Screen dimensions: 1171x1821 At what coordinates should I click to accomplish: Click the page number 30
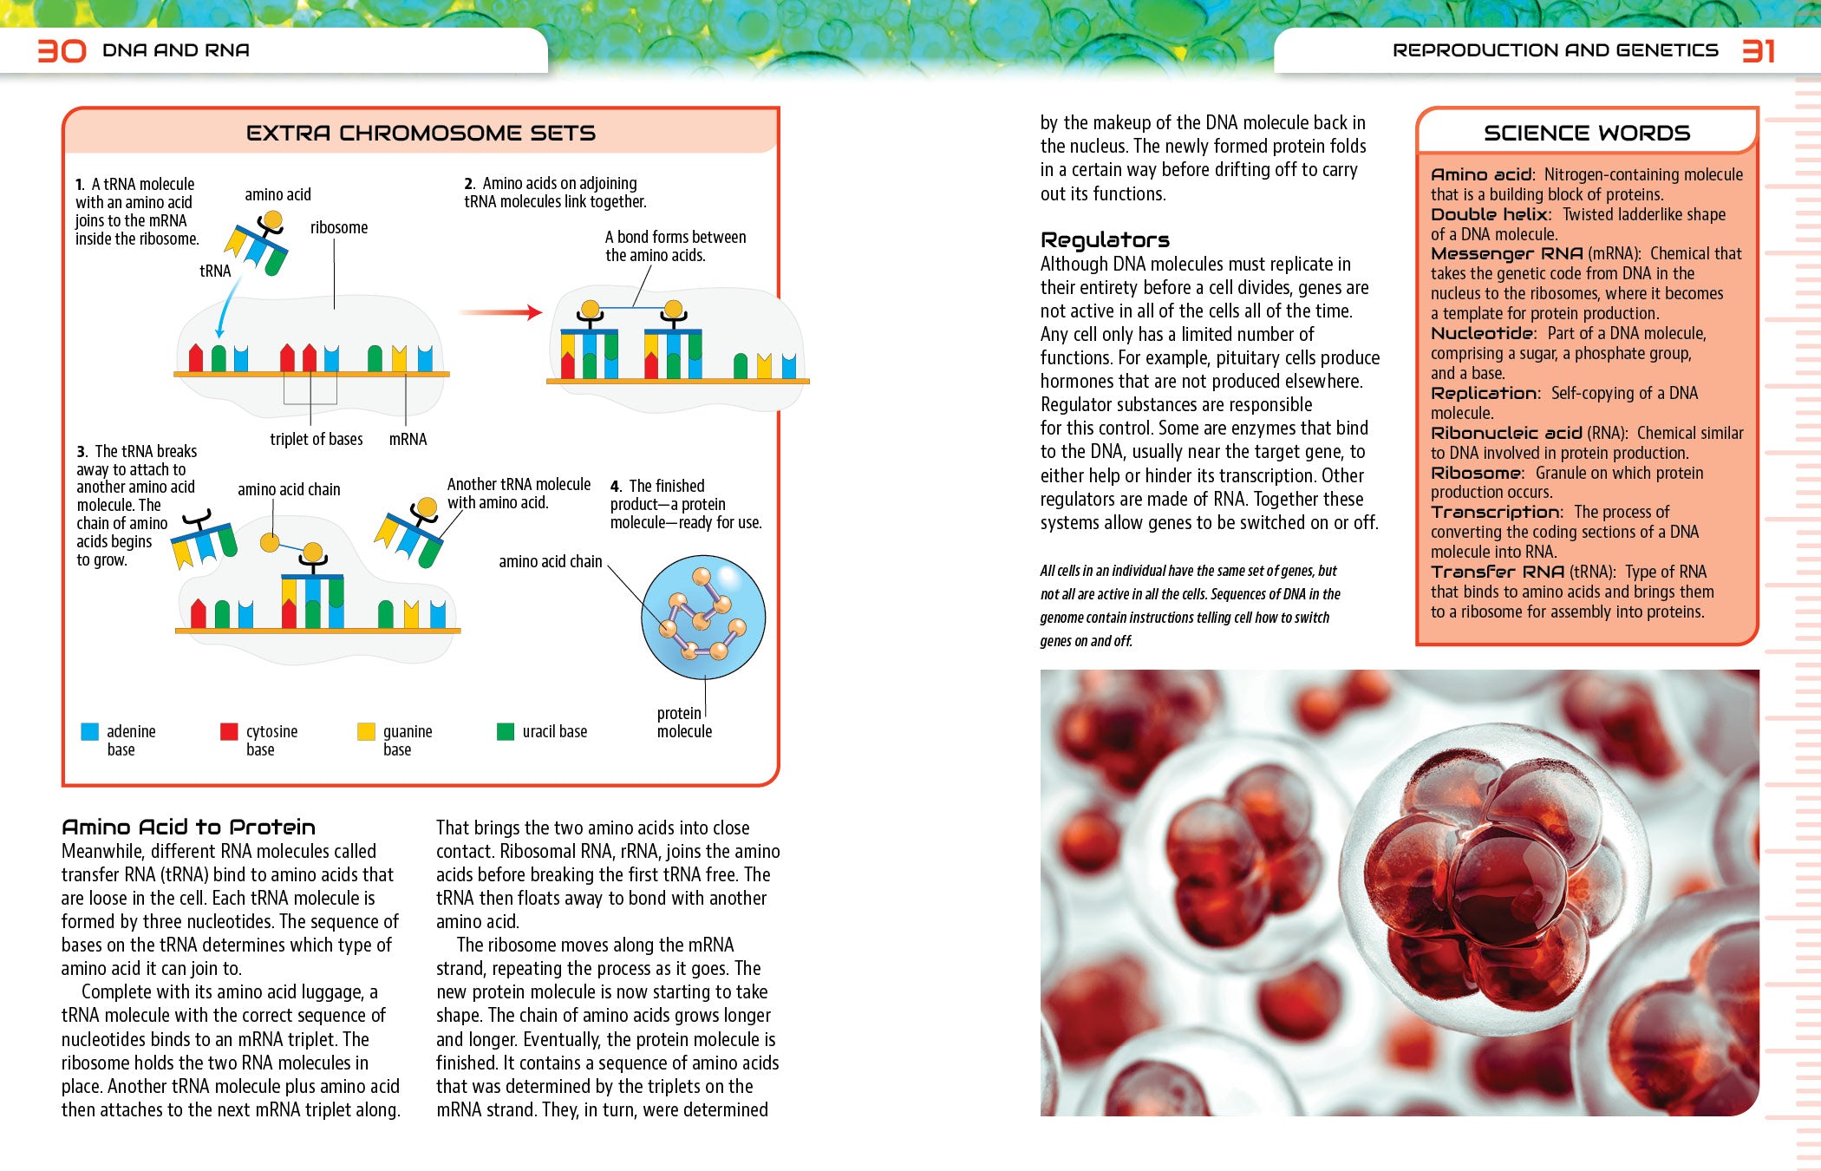tap(62, 50)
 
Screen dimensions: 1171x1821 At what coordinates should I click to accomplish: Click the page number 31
tap(1759, 51)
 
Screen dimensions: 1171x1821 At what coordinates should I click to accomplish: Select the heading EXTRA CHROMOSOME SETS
tap(421, 133)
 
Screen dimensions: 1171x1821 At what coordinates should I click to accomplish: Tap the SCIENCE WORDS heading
tap(1586, 133)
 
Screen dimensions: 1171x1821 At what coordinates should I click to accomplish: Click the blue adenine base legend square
tap(89, 731)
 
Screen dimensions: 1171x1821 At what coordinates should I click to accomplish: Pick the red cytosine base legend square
tap(229, 731)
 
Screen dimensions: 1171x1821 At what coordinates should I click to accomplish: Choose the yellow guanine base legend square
tap(366, 731)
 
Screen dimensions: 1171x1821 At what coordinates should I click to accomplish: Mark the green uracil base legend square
tap(505, 731)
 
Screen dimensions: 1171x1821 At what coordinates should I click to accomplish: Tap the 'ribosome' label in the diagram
tap(339, 227)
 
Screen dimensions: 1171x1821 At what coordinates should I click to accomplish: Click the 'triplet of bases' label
tap(316, 439)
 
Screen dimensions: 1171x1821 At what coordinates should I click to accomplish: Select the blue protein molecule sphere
tap(703, 617)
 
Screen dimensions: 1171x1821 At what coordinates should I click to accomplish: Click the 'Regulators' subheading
tap(1105, 239)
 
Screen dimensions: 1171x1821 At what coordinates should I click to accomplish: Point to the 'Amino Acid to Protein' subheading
tap(188, 827)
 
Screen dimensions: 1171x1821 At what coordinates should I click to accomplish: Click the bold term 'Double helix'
tap(1489, 214)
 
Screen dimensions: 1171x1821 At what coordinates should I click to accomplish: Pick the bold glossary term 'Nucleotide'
tap(1482, 333)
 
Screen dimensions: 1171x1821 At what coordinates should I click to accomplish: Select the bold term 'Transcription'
tap(1496, 512)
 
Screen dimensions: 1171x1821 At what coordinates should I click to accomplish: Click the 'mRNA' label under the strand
tap(408, 439)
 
